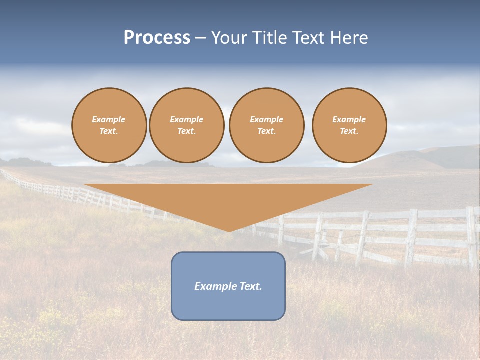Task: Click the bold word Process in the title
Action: [157, 38]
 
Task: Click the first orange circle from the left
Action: [109, 125]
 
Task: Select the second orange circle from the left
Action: [187, 125]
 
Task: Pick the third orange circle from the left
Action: [267, 125]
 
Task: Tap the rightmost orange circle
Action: [349, 125]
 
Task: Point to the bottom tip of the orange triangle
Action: [229, 231]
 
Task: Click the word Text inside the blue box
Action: [251, 286]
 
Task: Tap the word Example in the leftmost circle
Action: [109, 119]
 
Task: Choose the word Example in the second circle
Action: [187, 119]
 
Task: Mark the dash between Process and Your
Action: [201, 38]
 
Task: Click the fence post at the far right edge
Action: [471, 237]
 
